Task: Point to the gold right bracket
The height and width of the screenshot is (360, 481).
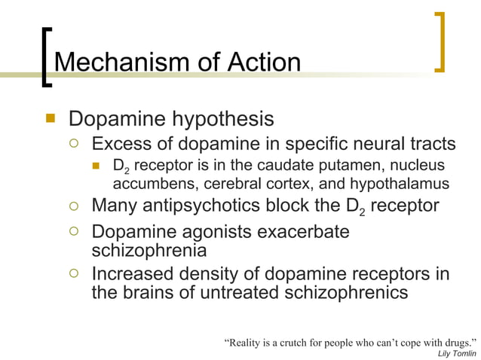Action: (440, 43)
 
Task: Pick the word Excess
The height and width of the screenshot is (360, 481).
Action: (124, 143)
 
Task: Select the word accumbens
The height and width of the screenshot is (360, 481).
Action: (149, 184)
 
